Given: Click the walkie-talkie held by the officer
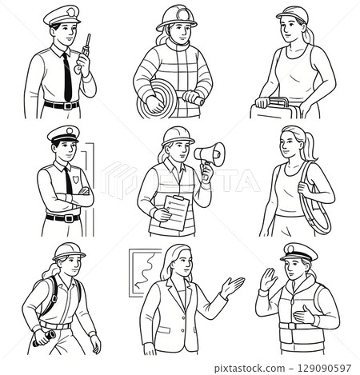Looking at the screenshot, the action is [x=86, y=48].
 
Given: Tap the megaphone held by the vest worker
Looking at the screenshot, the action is [x=210, y=154].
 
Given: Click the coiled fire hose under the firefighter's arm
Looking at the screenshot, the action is [x=158, y=99].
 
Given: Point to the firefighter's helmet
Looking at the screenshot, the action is [x=177, y=18].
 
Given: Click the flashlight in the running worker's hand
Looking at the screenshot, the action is [x=44, y=338].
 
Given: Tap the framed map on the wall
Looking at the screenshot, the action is [x=142, y=273].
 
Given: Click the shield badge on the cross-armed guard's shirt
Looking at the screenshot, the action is [x=76, y=179].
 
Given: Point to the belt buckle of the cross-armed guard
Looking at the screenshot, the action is [x=69, y=218].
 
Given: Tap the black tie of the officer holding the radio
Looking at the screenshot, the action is [x=67, y=77].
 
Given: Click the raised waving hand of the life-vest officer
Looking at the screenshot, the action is [x=268, y=279].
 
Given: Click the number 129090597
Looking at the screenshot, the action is [x=324, y=369].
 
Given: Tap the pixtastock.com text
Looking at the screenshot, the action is [x=250, y=369].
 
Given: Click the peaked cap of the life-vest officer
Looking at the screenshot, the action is [x=298, y=252].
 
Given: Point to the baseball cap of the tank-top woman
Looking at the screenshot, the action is [x=293, y=14].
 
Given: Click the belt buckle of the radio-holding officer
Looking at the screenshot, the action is [x=68, y=106].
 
